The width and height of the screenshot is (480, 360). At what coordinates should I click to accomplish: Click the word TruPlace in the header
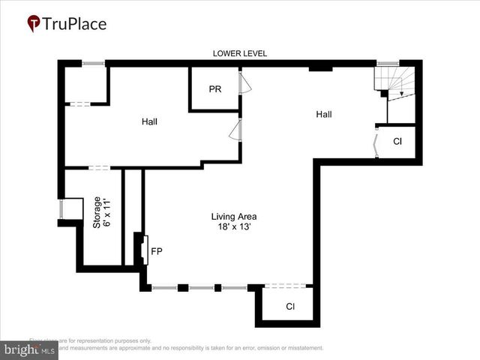click(x=75, y=23)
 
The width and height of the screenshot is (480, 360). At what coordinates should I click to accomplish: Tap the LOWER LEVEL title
click(x=240, y=53)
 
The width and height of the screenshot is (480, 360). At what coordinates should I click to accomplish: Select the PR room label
click(x=214, y=89)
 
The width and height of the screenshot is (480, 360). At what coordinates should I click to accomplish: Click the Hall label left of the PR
click(x=149, y=121)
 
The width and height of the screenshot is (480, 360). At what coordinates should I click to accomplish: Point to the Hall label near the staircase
click(x=323, y=114)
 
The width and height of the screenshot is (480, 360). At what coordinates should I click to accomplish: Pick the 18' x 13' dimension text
click(x=239, y=226)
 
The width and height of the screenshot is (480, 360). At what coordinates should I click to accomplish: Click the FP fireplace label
click(x=157, y=251)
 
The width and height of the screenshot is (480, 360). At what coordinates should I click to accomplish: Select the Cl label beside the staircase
click(x=397, y=141)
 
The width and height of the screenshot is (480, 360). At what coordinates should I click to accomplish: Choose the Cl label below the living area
click(x=289, y=307)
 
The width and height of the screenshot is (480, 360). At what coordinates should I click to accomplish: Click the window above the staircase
click(x=387, y=64)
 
